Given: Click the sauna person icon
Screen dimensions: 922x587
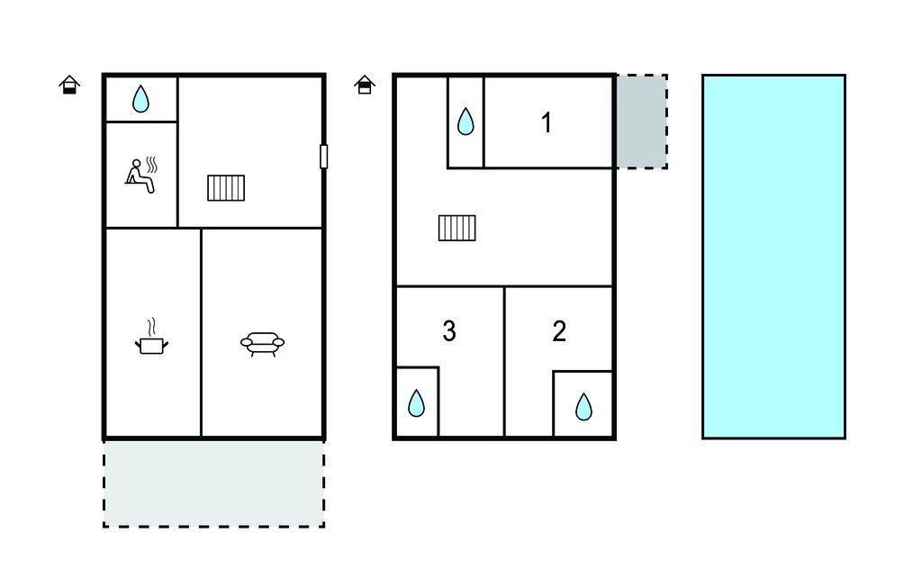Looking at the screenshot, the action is pyautogui.click(x=141, y=175).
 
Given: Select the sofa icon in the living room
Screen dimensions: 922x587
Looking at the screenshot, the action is pyautogui.click(x=262, y=344).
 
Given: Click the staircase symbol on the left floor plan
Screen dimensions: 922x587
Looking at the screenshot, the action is pyautogui.click(x=226, y=187).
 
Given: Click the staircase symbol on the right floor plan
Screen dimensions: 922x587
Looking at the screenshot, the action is pyautogui.click(x=456, y=228).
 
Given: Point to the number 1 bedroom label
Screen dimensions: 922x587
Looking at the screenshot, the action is pyautogui.click(x=547, y=123).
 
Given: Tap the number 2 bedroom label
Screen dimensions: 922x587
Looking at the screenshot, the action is pyautogui.click(x=559, y=331).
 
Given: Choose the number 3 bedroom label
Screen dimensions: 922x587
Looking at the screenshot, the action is pyautogui.click(x=449, y=331).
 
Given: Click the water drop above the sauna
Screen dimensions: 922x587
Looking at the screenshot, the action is pyautogui.click(x=140, y=99).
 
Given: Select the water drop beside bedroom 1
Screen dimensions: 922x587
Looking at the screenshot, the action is pyautogui.click(x=466, y=122).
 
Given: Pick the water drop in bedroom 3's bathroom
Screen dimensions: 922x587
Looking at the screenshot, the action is pyautogui.click(x=416, y=403).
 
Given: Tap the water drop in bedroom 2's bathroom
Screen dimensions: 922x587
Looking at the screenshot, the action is pyautogui.click(x=583, y=406).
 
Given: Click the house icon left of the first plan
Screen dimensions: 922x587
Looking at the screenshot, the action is pyautogui.click(x=69, y=85).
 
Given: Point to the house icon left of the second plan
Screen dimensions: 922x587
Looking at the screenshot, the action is pyautogui.click(x=365, y=85).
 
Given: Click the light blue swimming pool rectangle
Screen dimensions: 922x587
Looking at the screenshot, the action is pyautogui.click(x=773, y=257).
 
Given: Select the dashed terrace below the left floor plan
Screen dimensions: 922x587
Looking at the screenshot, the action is pyautogui.click(x=214, y=483).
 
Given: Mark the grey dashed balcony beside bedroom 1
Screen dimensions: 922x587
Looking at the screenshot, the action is pyautogui.click(x=641, y=122).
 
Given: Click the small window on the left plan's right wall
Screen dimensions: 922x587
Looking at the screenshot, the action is pyautogui.click(x=323, y=157).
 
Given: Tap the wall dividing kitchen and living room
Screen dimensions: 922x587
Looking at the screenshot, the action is pyautogui.click(x=201, y=333).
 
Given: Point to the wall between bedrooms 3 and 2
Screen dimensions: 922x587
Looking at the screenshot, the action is pyautogui.click(x=504, y=362).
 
